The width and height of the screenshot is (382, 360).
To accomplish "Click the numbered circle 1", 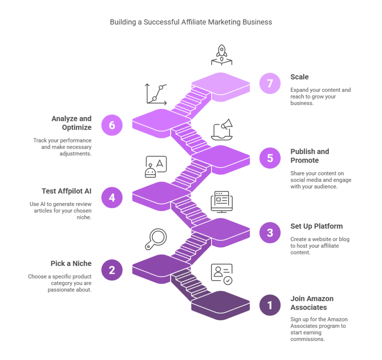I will point(270,305).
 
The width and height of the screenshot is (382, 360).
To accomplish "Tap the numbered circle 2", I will point(112,270).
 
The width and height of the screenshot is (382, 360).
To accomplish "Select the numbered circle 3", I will point(270,233).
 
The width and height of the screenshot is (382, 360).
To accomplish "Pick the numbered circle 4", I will point(112,197).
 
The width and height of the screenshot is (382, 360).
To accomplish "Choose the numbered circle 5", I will point(270,158).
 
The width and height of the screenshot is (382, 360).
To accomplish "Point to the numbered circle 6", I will point(112,125).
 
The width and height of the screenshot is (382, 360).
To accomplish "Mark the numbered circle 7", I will point(270,83).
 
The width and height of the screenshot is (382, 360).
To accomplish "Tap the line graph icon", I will point(156,94).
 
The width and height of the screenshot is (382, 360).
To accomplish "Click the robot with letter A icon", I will point(156,166).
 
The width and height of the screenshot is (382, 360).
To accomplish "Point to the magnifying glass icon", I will point(156,239).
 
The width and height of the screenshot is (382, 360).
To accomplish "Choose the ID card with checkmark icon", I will point(222,274).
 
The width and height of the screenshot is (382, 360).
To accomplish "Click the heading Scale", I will point(300,77).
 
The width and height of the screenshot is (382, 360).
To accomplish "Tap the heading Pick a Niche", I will point(71,264).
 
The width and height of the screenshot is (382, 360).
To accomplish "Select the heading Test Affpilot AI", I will point(66,191).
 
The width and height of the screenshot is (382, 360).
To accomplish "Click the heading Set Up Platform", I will point(316,226).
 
